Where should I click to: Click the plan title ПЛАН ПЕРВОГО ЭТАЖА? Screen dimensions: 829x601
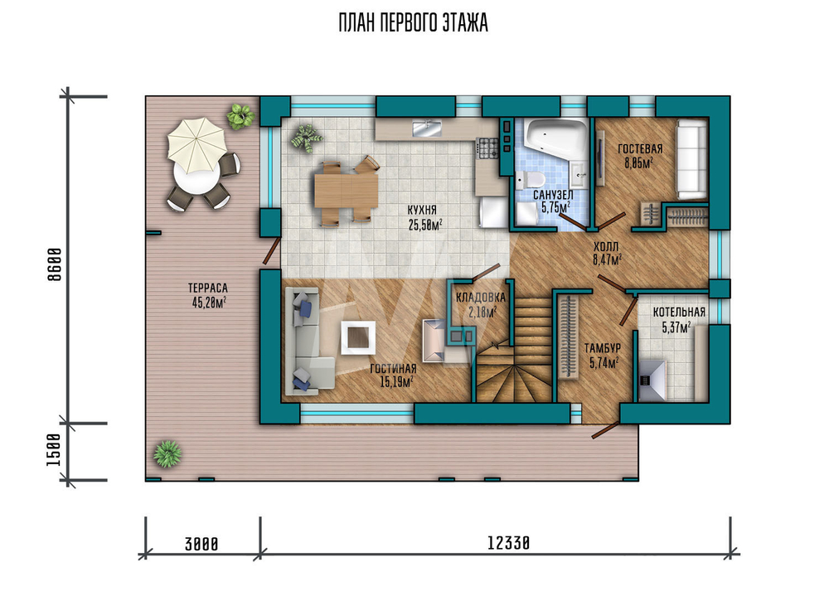coord(413,22)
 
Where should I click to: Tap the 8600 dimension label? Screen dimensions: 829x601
coord(55,264)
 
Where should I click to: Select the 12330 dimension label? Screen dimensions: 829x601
coord(508,543)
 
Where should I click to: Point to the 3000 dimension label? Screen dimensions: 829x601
coord(201,544)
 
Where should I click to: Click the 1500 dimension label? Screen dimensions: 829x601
coord(55,450)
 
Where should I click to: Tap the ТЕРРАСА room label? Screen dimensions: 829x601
coord(208,288)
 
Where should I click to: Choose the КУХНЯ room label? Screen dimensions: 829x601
coord(422,211)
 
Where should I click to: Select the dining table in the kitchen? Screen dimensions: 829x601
coord(346,191)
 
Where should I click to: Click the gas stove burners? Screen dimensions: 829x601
coord(487,148)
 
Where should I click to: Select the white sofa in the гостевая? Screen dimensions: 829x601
coord(692,159)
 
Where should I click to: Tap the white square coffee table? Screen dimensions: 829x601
coord(358,337)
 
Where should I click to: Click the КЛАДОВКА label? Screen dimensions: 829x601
coord(481,298)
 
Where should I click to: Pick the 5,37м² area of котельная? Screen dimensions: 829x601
coord(676,327)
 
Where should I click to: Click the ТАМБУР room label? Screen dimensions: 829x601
coord(602,348)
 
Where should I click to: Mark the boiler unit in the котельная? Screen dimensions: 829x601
coord(652,380)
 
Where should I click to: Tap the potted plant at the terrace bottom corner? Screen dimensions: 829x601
coord(167,453)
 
